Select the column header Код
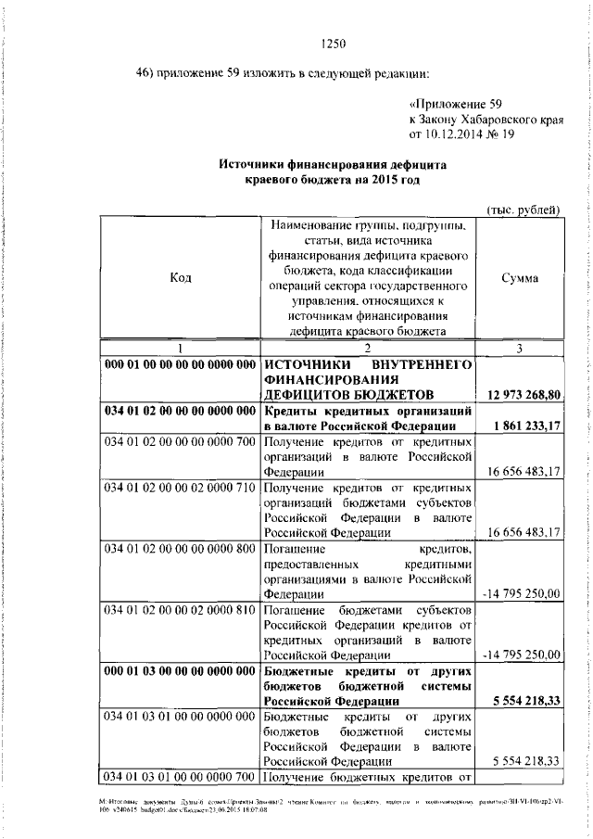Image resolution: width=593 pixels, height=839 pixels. point(181,278)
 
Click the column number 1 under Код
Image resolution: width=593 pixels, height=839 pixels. point(181,348)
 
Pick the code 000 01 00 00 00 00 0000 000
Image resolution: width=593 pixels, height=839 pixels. point(180,364)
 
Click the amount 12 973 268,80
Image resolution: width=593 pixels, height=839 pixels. point(521,396)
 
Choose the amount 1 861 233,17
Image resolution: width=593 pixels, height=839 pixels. point(524,426)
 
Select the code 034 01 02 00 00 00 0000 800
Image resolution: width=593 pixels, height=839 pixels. point(180,548)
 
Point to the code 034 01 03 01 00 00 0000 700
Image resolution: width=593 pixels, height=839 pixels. point(180,774)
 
